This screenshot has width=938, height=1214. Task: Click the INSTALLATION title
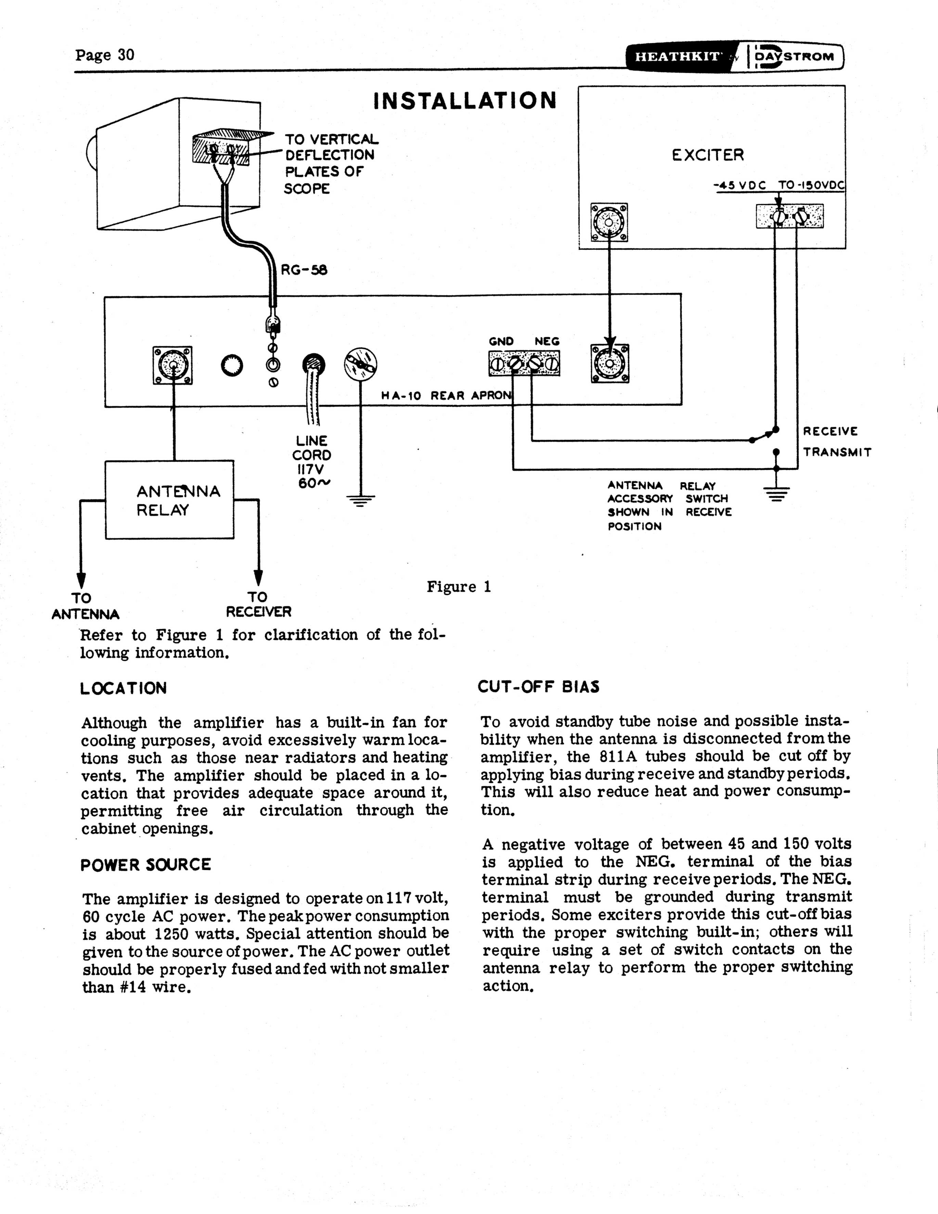pyautogui.click(x=465, y=101)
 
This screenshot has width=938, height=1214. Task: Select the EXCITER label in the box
pyautogui.click(x=707, y=154)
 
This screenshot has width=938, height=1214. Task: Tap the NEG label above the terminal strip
pyautogui.click(x=547, y=341)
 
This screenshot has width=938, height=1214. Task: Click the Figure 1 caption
pyautogui.click(x=459, y=587)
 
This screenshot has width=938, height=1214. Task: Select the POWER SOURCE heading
pyautogui.click(x=145, y=865)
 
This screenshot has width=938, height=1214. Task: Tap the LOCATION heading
pyautogui.click(x=123, y=688)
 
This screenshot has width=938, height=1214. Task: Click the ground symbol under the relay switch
pyautogui.click(x=776, y=494)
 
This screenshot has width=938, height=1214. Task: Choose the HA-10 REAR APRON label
pyautogui.click(x=446, y=396)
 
